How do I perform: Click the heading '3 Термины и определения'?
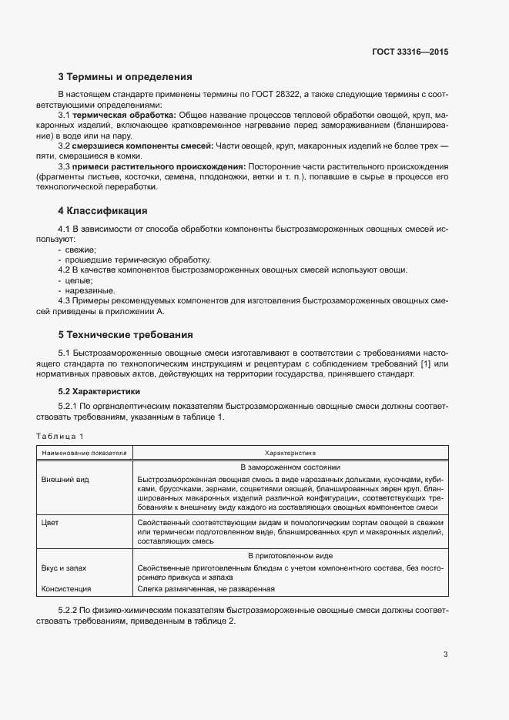tap(125, 77)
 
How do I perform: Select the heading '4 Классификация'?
tap(102, 210)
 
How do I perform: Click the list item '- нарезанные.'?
tap(86, 291)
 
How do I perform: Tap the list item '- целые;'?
tap(75, 280)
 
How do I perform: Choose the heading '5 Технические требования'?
tap(126, 335)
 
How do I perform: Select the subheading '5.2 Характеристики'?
tap(102, 392)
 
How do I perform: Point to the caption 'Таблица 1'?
tap(60, 437)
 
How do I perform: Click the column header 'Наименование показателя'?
tap(85, 454)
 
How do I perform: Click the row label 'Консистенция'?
tap(68, 589)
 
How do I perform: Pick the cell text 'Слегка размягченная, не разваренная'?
tap(206, 589)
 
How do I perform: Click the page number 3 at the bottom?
tap(445, 655)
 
